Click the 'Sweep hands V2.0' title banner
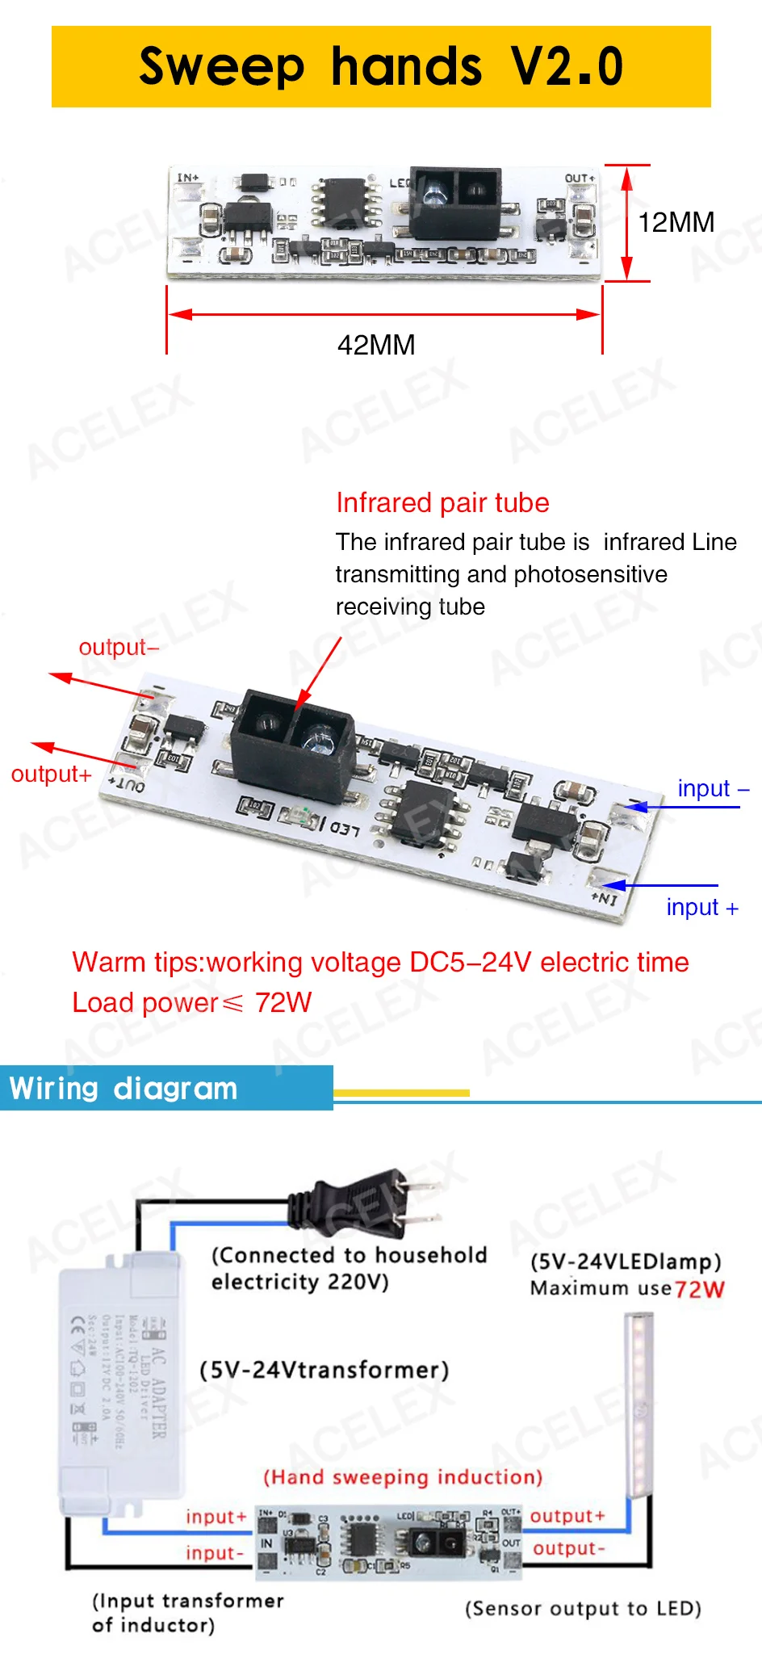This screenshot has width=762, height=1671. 381,66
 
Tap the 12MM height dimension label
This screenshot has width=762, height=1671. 676,222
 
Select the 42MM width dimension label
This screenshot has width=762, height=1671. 376,346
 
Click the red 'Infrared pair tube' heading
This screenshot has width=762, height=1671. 442,502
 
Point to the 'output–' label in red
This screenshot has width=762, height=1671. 119,648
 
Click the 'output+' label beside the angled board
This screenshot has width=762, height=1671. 51,775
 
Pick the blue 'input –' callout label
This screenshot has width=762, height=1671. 713,788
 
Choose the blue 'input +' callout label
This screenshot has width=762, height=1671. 701,908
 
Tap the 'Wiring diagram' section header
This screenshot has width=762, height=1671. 124,1088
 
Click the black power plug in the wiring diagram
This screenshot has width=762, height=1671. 367,1206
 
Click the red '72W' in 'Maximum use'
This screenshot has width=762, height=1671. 700,1289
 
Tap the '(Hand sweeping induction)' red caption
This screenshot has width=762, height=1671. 403,1477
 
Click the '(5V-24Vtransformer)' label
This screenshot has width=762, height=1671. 324,1370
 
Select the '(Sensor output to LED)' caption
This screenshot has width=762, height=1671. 583,1608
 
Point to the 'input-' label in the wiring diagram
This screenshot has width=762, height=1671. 215,1553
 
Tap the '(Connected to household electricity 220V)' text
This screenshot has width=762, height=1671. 349,1268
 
